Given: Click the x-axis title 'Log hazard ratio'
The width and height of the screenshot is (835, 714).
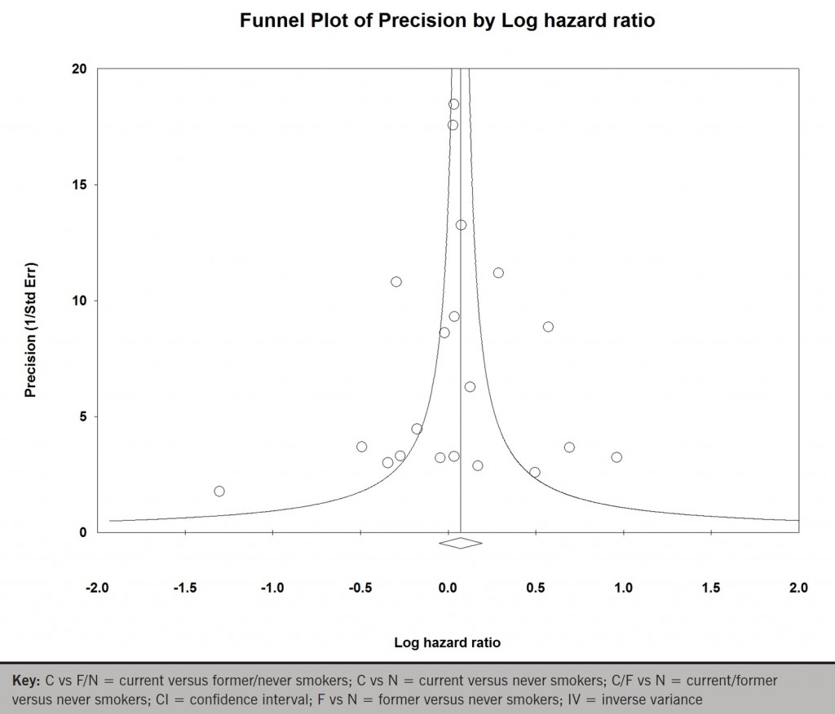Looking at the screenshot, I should (x=447, y=642).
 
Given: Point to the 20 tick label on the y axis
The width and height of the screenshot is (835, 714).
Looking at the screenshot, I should (x=80, y=68).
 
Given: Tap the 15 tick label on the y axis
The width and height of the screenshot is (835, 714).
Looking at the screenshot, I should (x=80, y=185).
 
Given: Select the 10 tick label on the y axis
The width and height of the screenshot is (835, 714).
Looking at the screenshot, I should (x=80, y=301).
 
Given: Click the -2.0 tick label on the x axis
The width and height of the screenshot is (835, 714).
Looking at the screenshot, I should (x=97, y=588).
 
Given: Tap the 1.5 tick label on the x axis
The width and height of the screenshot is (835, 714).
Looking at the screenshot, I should (x=711, y=588).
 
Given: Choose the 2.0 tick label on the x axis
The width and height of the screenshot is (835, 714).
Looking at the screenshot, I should (x=798, y=588).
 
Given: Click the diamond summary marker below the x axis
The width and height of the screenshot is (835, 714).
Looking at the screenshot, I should (x=461, y=543).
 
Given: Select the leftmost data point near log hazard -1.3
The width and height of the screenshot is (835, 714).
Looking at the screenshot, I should (x=219, y=491).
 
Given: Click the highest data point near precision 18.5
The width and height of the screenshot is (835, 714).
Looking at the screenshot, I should (x=453, y=104).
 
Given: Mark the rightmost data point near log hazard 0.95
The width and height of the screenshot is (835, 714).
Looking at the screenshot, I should (x=616, y=457).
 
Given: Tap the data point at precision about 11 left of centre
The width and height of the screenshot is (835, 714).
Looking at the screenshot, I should (x=396, y=282).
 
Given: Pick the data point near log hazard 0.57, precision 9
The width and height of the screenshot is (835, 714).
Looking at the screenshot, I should (x=548, y=327).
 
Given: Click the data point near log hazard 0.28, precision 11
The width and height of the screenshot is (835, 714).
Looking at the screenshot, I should (x=498, y=273).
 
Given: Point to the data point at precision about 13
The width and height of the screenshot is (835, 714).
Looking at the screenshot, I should (x=461, y=225).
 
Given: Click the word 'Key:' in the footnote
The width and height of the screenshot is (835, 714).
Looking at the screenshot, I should (x=29, y=680).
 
